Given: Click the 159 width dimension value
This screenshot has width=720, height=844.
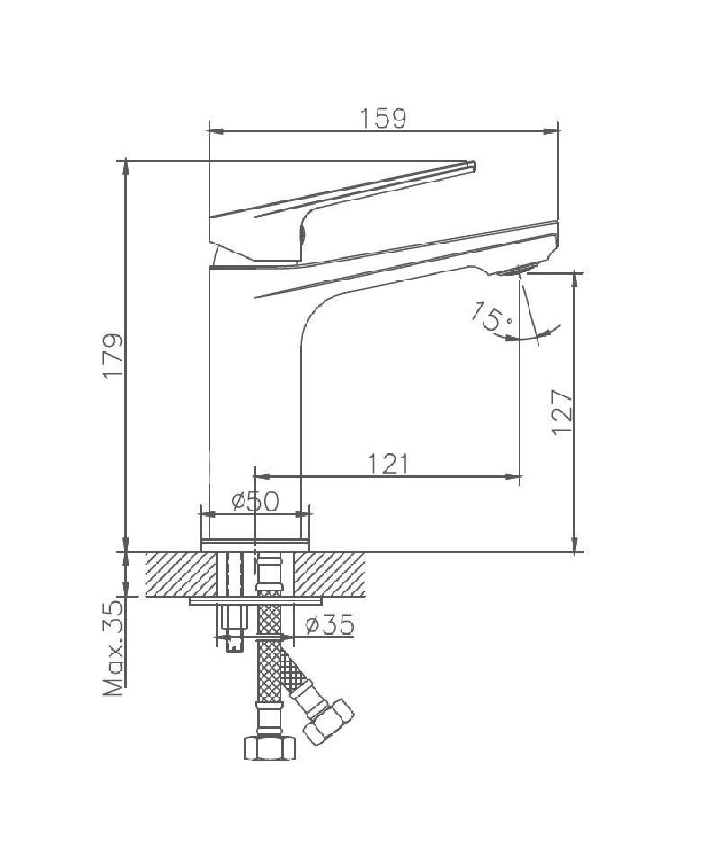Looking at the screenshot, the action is [383, 119].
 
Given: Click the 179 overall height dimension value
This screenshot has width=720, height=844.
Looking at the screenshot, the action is [113, 356].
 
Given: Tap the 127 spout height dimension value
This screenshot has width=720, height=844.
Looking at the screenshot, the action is [563, 412].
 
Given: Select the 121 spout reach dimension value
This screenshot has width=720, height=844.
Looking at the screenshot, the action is [388, 464].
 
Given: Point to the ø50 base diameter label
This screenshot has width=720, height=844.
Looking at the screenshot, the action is [255, 502].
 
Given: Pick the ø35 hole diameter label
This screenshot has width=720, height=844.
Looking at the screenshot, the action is [329, 625].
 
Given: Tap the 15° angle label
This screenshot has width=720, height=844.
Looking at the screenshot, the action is [493, 316].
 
